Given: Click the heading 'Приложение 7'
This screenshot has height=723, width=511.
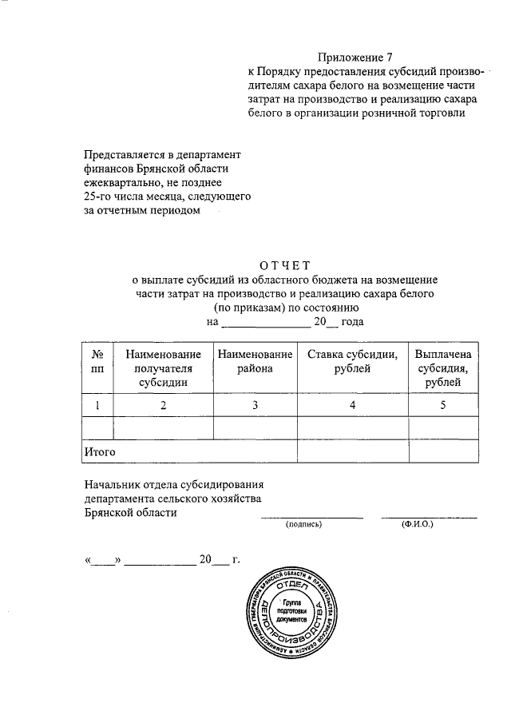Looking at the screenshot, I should tap(356, 58).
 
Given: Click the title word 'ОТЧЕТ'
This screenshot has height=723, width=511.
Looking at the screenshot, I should tap(284, 266).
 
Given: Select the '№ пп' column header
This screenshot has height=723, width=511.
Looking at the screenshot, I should tap(97, 361).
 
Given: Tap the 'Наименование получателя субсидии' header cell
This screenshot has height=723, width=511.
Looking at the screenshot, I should tap(163, 368).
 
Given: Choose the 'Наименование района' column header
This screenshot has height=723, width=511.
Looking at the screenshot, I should tap(254, 361).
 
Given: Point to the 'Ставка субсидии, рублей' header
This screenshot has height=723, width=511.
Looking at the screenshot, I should tap(351, 361).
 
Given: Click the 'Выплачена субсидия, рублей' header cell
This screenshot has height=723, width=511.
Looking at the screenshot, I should tap(442, 368).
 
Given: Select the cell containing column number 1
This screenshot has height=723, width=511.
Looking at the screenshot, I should tap(97, 405).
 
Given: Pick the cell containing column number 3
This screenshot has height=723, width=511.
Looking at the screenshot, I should tap(254, 405).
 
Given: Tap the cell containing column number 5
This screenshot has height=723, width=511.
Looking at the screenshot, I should tap(442, 405).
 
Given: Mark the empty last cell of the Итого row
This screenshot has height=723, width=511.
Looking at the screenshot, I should tap(442, 451).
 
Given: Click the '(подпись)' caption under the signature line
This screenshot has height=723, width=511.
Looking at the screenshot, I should tap(303, 525).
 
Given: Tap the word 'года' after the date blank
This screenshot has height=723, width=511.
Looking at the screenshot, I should tap(351, 322).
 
